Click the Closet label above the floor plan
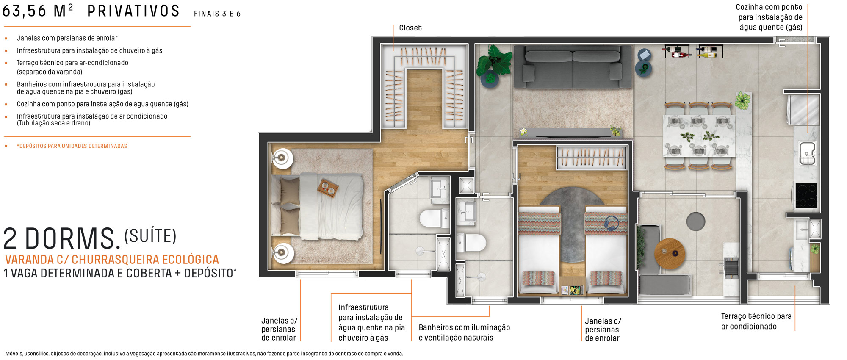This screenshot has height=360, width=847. [410, 28]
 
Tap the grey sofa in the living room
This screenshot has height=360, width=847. [573, 66]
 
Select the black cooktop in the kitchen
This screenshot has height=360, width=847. [806, 196]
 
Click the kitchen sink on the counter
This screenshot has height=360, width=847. [807, 153]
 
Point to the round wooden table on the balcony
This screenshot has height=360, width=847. [669, 254]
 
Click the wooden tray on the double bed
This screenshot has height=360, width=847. [328, 188]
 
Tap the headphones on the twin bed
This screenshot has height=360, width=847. [611, 223]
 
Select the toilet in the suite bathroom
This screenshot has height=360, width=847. [434, 218]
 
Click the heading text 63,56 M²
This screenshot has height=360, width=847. [37, 11]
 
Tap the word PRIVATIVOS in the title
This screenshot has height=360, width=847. [133, 11]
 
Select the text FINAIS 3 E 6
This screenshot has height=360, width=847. [217, 14]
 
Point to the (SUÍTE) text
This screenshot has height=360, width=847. [150, 236]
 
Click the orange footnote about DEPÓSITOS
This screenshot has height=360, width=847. [72, 146]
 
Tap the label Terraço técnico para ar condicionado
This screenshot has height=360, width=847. [756, 321]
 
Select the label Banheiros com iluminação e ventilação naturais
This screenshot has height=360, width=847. [464, 332]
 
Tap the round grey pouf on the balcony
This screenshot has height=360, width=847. [695, 222]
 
